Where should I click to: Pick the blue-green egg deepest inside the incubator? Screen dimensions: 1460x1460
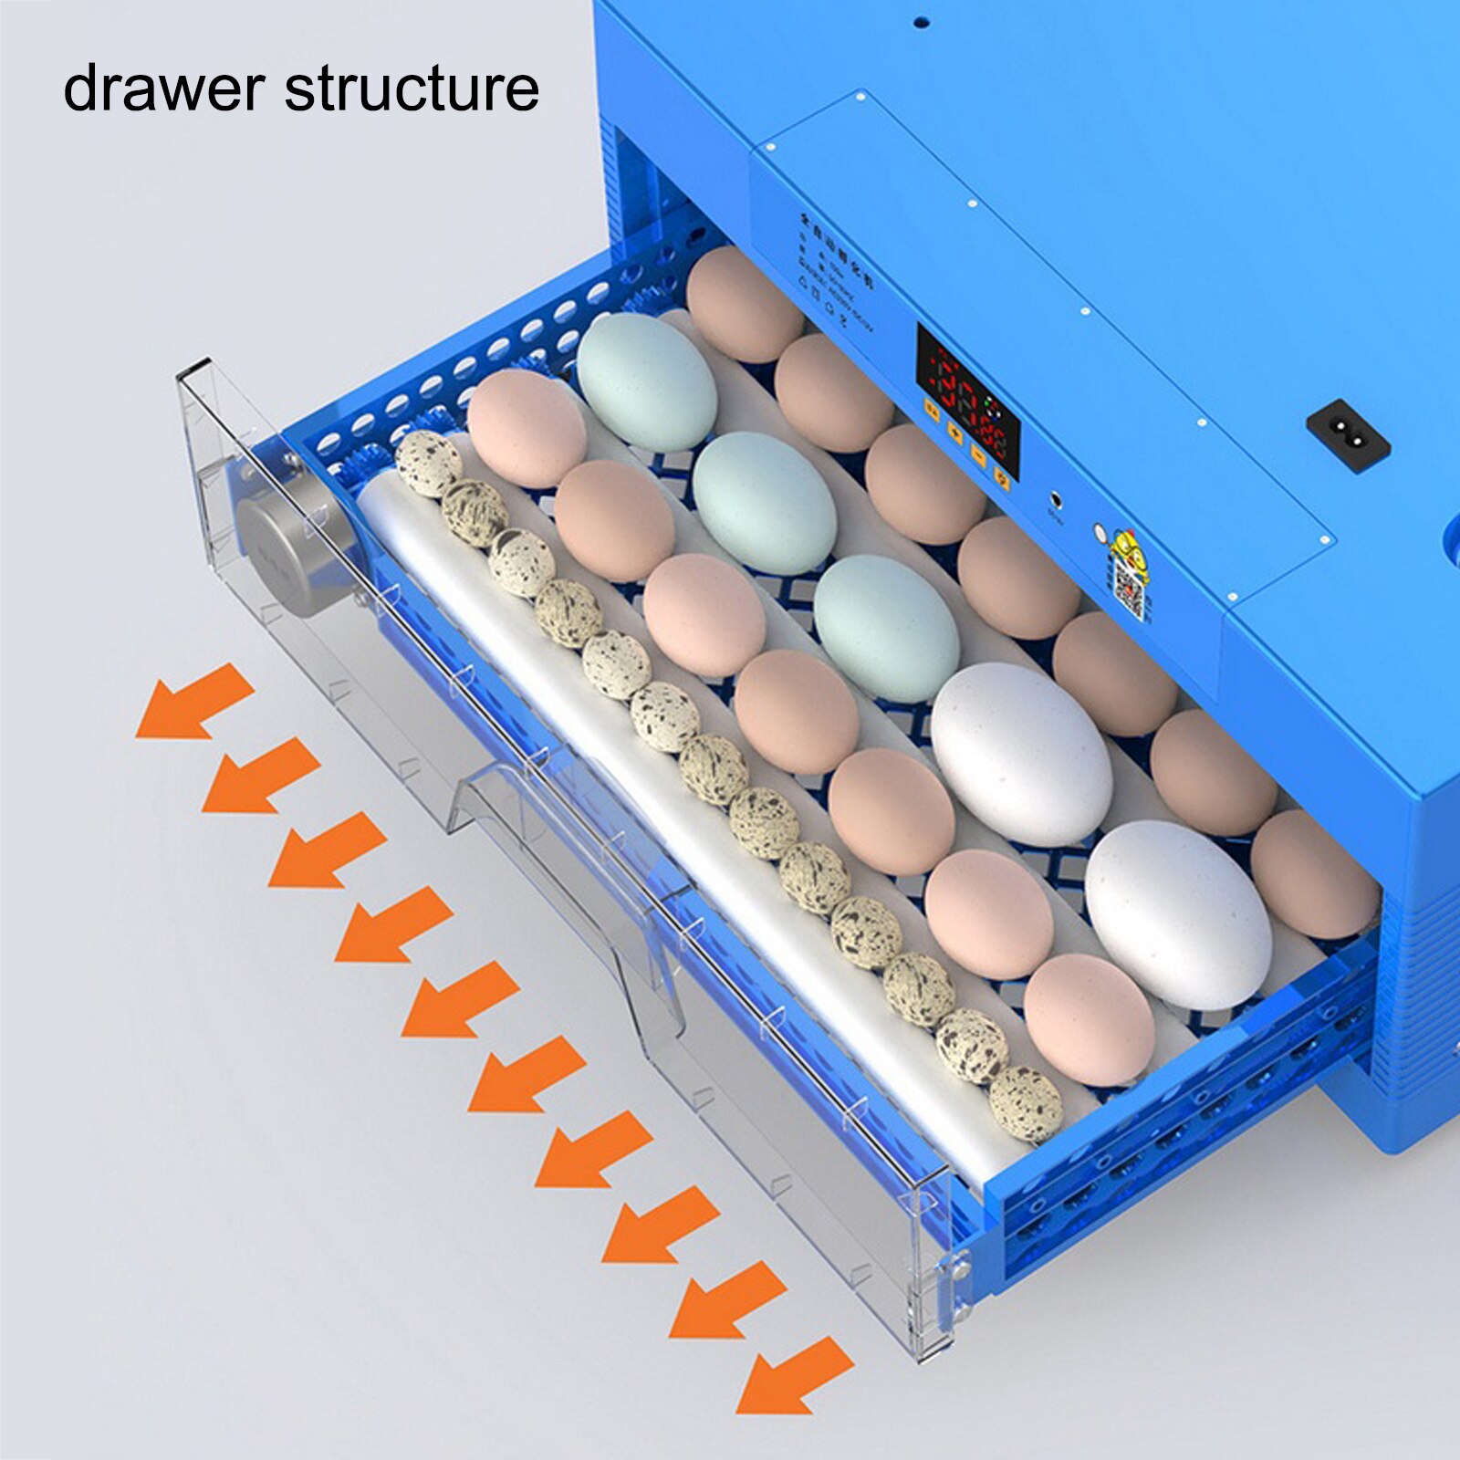[x=647, y=381]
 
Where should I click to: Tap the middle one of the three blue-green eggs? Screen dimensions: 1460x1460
[x=764, y=502]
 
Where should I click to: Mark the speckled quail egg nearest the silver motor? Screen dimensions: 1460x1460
[x=429, y=464]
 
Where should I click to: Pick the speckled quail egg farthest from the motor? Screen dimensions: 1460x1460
[x=1026, y=1103]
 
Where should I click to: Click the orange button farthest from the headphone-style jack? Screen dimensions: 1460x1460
[x=933, y=410]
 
